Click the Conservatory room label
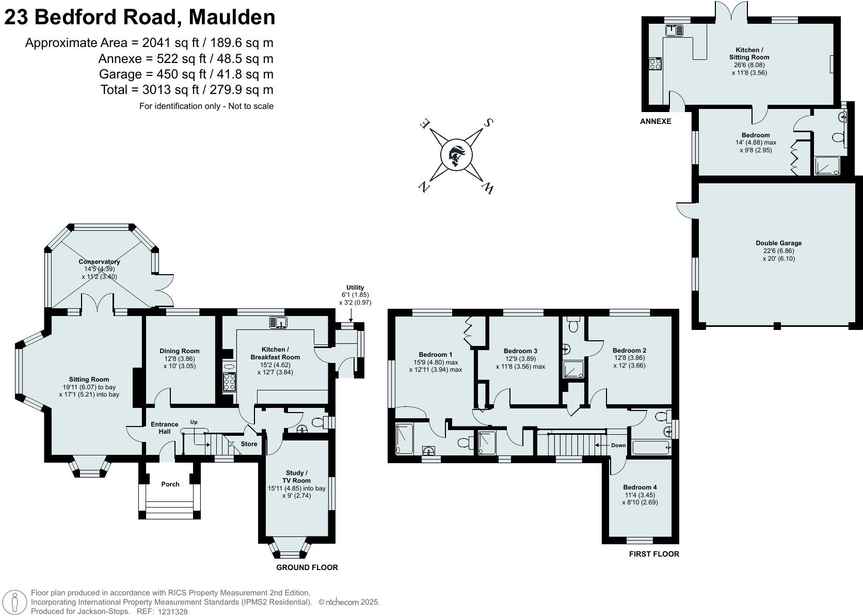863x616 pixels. pyautogui.click(x=99, y=262)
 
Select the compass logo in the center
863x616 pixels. pyautogui.click(x=456, y=155)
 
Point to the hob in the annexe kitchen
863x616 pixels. pyautogui.click(x=655, y=64)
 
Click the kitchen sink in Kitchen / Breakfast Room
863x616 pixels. pyautogui.click(x=278, y=323)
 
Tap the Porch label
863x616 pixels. pyautogui.click(x=170, y=484)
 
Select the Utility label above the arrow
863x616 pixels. pyautogui.click(x=355, y=288)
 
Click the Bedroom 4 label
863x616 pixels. pyautogui.click(x=640, y=487)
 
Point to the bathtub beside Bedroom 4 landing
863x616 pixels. pyautogui.click(x=649, y=448)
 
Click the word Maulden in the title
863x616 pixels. pyautogui.click(x=232, y=17)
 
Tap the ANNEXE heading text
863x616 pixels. pyautogui.click(x=656, y=121)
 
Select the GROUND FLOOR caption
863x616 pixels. pyautogui.click(x=307, y=567)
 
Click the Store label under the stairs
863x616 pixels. pyautogui.click(x=249, y=444)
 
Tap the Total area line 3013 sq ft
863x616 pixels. pyautogui.click(x=187, y=90)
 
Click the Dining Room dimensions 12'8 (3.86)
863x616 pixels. pyautogui.click(x=180, y=359)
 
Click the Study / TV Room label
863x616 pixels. pyautogui.click(x=296, y=477)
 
